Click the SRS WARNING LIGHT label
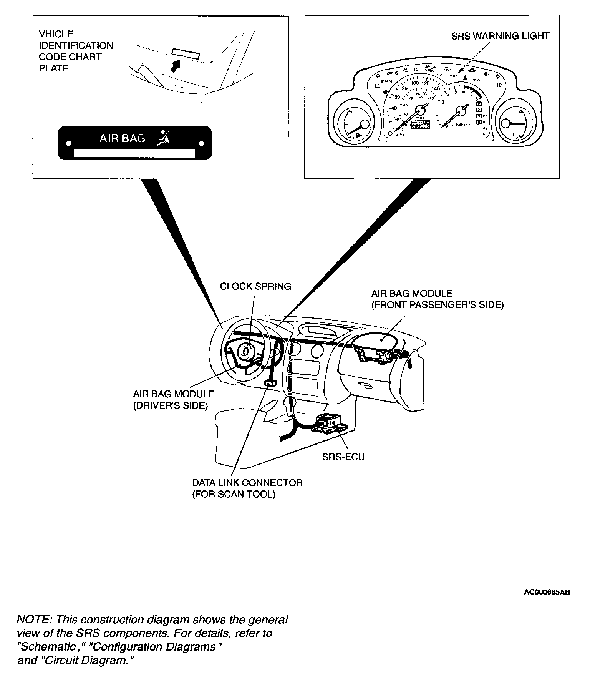coord(500,36)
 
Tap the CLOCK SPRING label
coord(255,286)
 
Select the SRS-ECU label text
coord(343,457)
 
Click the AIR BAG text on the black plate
coord(123,138)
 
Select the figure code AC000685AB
coord(547,592)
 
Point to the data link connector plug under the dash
coord(270,383)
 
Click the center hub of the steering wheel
coord(247,352)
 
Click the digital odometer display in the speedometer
coord(420,125)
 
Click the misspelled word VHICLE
coord(56,34)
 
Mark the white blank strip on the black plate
coord(134,153)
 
